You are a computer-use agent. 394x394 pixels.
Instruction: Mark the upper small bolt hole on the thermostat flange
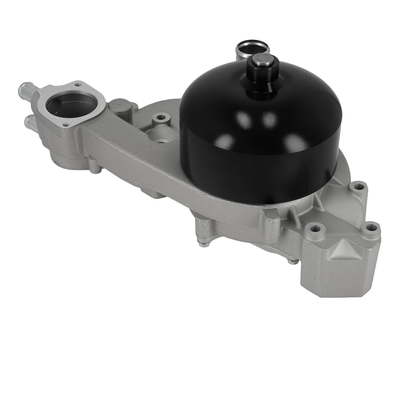click(78, 84)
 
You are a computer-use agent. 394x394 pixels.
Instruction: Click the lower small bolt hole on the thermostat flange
click(65, 125)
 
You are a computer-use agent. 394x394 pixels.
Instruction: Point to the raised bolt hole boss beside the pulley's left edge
click(161, 117)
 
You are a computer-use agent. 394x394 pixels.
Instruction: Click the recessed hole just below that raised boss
click(161, 140)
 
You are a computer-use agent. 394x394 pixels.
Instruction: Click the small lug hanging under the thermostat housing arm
click(95, 165)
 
